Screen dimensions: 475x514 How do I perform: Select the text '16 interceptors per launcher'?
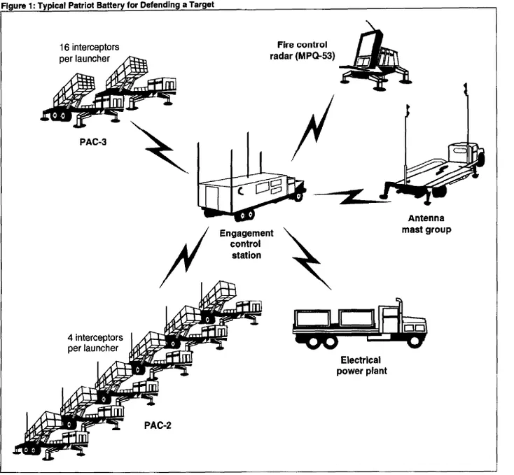coord(89,52)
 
